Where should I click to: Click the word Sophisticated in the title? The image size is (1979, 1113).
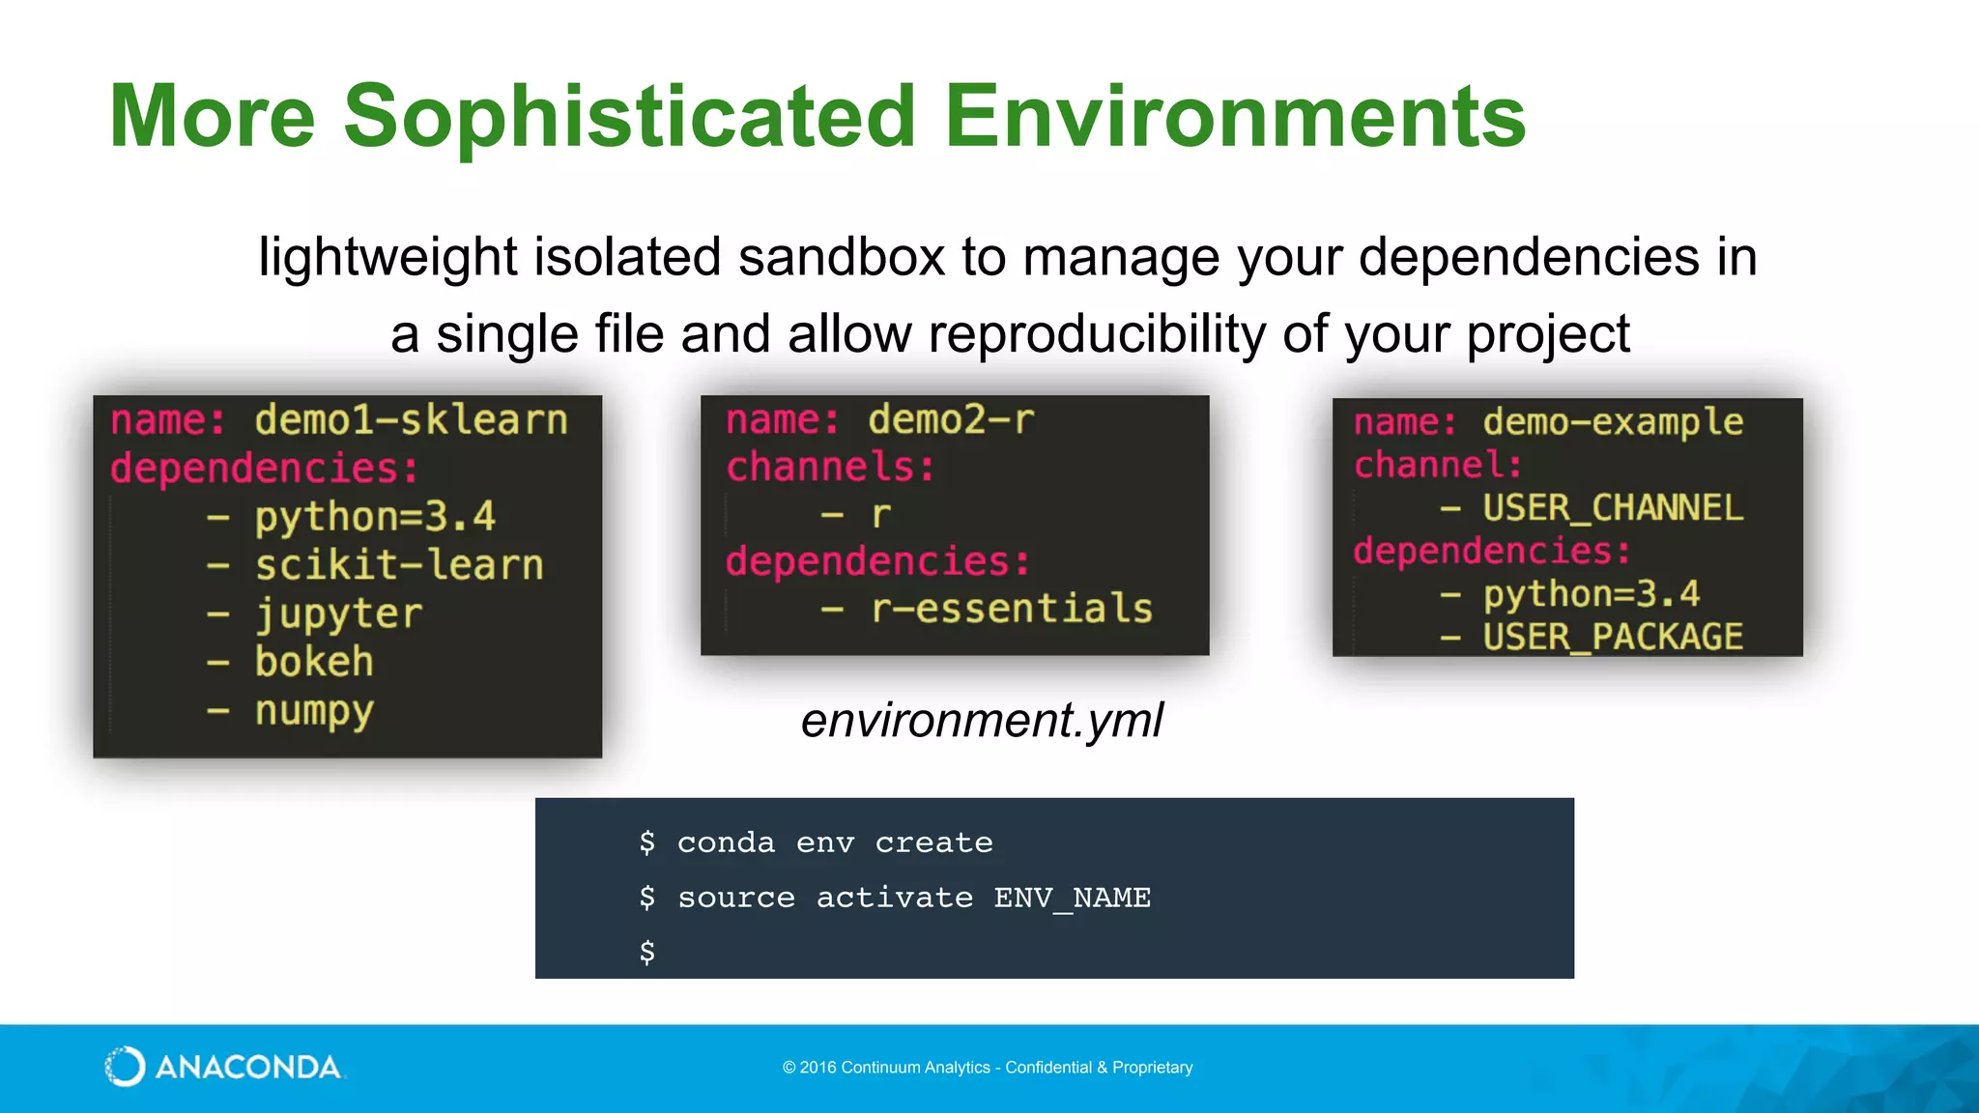629,118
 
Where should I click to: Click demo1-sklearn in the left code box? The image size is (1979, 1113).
411,420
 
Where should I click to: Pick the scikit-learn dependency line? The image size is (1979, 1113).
398,565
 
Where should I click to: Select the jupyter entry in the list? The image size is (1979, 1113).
338,614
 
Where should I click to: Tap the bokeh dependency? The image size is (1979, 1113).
314,663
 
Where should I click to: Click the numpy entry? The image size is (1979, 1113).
314,712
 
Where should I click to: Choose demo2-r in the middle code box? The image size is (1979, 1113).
951,420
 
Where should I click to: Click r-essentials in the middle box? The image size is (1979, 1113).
1012,609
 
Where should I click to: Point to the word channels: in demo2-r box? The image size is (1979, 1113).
830,468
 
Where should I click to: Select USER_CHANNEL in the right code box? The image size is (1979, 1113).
1613,508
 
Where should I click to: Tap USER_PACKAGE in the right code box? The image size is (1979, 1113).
1613,637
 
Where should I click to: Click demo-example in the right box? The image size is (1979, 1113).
1613,422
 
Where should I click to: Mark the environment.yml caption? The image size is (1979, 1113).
982,721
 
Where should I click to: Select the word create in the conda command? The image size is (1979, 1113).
933,842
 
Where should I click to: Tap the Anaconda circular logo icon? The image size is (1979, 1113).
125,1067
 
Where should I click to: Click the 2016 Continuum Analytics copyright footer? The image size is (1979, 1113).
988,1068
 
